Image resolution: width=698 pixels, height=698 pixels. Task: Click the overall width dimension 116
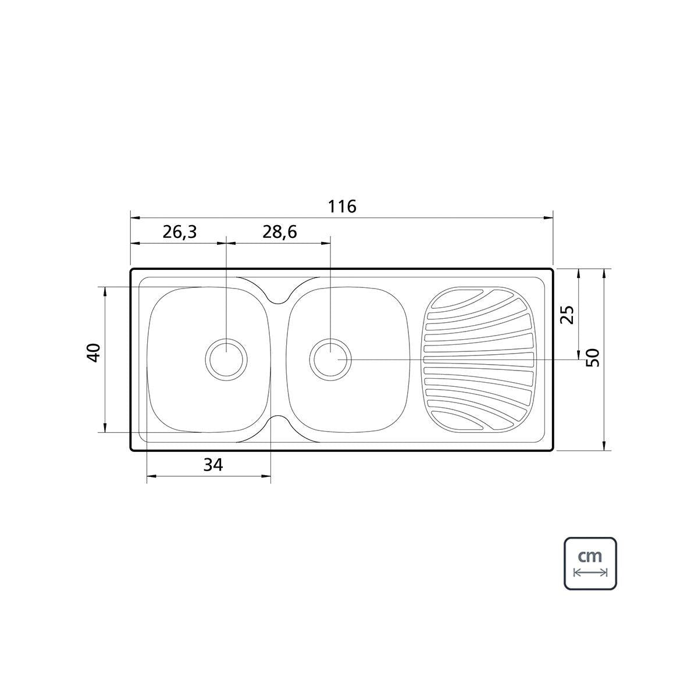(x=342, y=206)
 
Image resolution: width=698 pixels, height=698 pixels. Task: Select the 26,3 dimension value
(x=180, y=232)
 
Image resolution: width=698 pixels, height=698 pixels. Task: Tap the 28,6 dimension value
(x=280, y=232)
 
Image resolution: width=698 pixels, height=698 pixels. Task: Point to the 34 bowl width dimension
(x=213, y=465)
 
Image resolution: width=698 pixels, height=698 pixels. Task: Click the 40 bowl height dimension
(x=94, y=352)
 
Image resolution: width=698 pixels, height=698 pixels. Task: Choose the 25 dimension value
(x=567, y=315)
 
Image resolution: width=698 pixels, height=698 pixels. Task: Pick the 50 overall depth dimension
(x=593, y=358)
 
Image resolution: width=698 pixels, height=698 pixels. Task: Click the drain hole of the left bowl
(x=226, y=359)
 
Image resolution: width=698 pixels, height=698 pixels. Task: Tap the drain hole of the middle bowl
(x=330, y=359)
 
